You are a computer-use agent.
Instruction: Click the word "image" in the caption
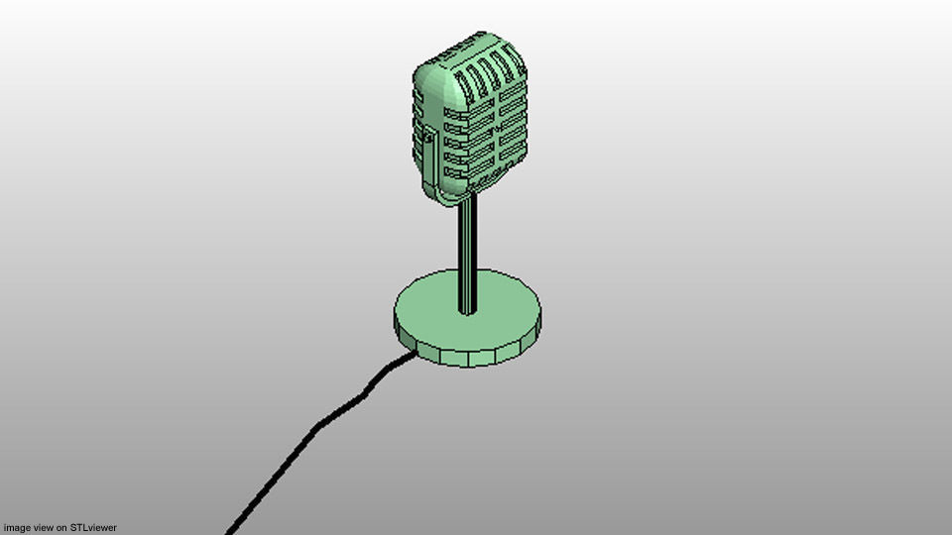(17, 528)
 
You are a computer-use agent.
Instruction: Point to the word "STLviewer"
(93, 528)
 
